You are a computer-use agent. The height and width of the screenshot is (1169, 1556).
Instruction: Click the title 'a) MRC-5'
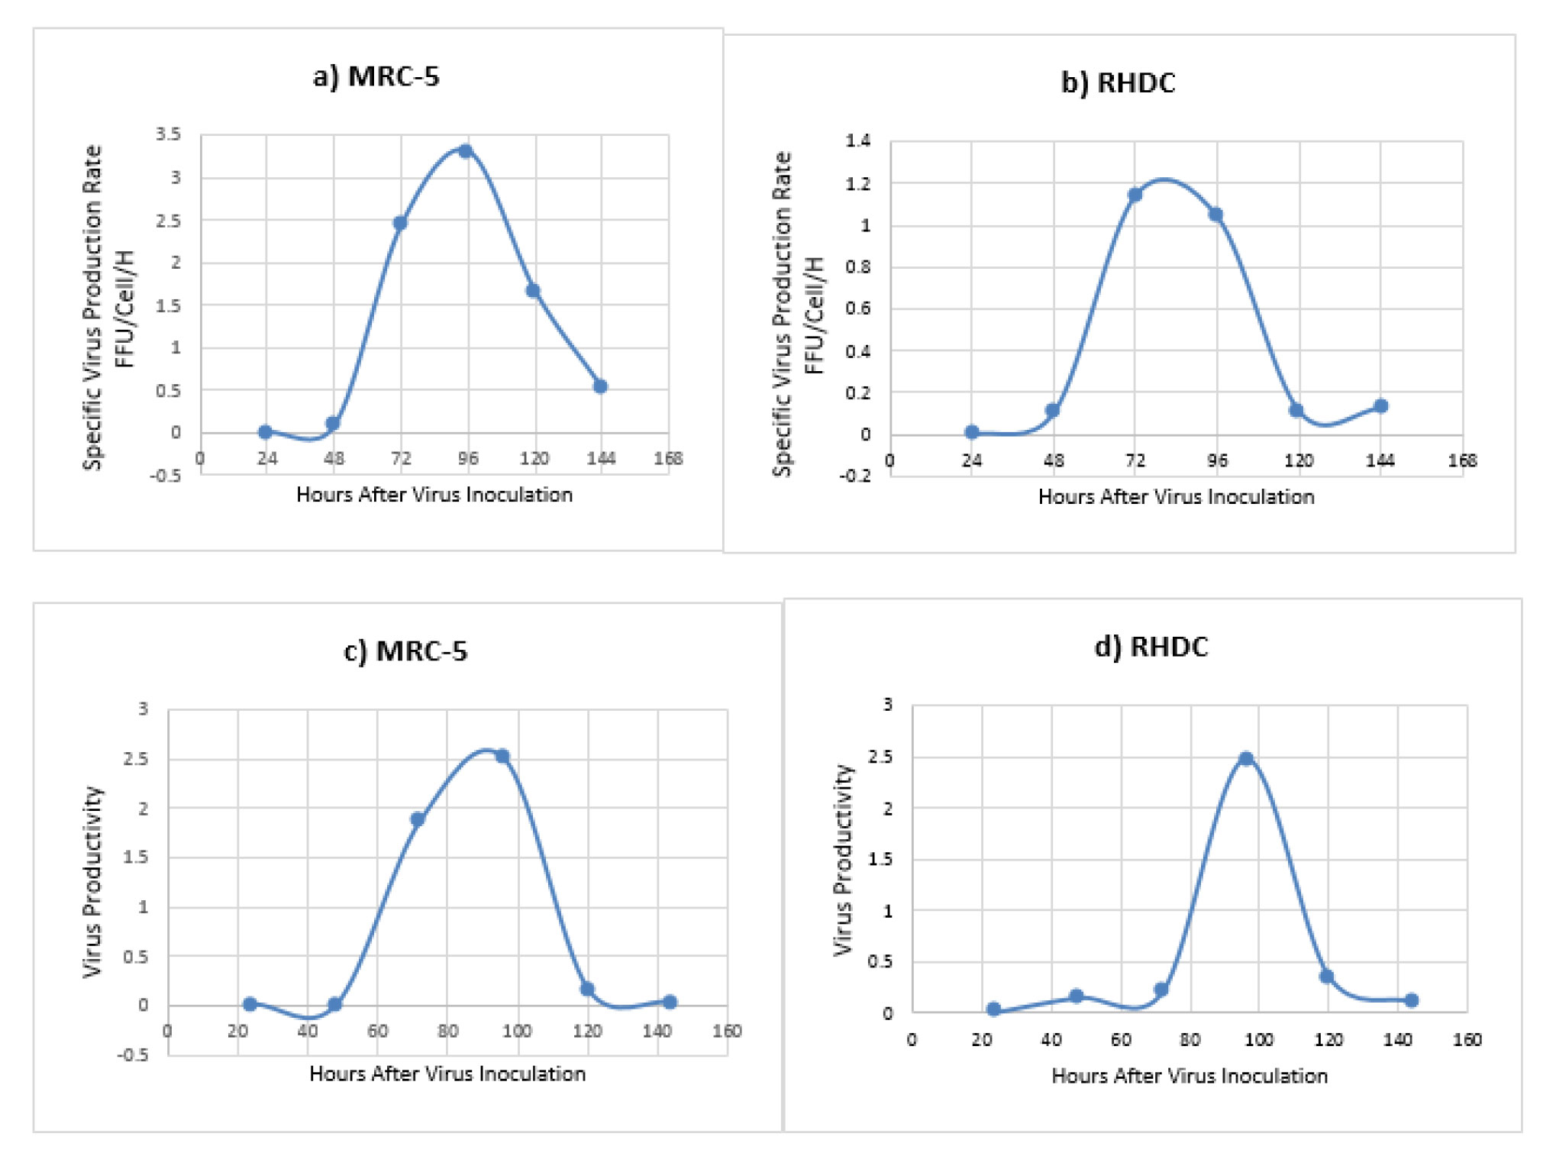coord(376,77)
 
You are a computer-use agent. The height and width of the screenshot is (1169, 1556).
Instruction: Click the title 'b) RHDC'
coord(1118,82)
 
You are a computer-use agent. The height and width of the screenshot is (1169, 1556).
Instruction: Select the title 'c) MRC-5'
coord(405,651)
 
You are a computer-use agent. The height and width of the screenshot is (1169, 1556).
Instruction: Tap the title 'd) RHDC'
coord(1151,647)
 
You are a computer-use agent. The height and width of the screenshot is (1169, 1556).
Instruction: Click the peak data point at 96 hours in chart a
coord(466,151)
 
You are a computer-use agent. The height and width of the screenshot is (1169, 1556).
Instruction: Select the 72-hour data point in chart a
coord(400,223)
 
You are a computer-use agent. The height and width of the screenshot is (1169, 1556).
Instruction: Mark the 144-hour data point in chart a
coord(600,386)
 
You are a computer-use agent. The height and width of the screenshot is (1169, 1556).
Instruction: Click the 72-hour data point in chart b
coord(1135,195)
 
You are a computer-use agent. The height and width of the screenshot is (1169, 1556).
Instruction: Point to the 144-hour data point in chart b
coord(1380,406)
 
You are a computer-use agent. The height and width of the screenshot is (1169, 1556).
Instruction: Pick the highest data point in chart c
coord(502,756)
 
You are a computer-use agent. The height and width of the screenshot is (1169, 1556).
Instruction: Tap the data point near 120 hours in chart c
coord(587,989)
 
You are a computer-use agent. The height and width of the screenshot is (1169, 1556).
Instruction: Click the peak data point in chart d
coord(1246,758)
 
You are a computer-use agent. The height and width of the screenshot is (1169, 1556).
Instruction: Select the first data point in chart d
coord(993,1009)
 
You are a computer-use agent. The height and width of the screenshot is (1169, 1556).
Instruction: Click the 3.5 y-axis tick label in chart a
coord(169,134)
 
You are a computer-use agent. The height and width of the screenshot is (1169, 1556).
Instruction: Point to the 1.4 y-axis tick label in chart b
coord(858,140)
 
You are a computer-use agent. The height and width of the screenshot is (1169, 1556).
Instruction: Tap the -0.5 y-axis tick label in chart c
coord(133,1054)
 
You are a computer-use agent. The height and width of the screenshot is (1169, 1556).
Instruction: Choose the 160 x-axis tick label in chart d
coord(1467,1040)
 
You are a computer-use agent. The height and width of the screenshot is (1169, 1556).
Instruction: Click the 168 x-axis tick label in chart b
coord(1462,460)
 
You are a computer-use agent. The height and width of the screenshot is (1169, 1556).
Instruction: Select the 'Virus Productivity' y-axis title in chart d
coord(843,860)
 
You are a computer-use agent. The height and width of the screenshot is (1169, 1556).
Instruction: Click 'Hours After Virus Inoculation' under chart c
coord(447,1074)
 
